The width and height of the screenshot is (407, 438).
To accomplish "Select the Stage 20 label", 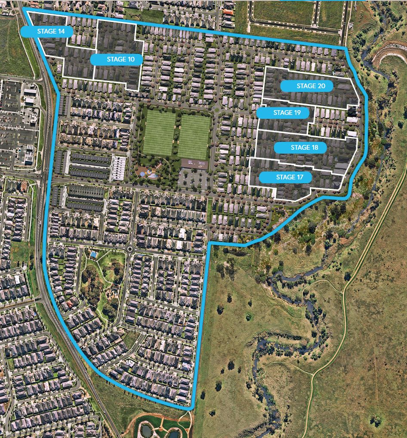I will pyautogui.click(x=307, y=86).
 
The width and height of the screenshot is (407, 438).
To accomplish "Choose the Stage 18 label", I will pyautogui.click(x=300, y=148).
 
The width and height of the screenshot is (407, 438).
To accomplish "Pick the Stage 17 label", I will pyautogui.click(x=286, y=177).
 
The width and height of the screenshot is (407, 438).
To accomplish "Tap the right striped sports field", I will pyautogui.click(x=194, y=136).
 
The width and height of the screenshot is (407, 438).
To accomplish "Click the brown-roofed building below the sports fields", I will pyautogui.click(x=195, y=163).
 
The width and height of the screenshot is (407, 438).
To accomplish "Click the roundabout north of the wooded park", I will pyautogui.click(x=129, y=248).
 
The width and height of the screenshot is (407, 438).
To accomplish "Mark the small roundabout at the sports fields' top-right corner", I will pyautogui.click(x=217, y=110).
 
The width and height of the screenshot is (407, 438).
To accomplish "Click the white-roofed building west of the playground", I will pyautogui.click(x=119, y=168).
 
